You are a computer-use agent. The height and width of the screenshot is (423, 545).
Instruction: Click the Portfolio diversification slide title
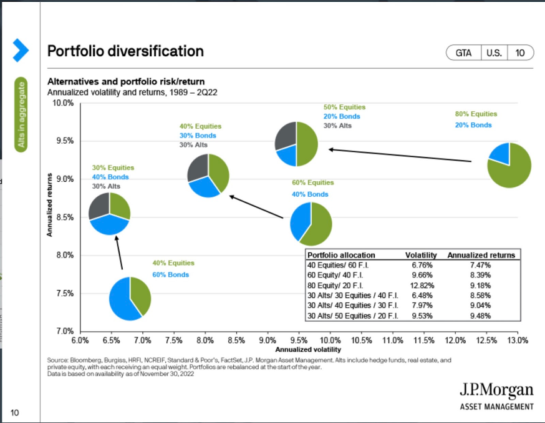tap(125, 51)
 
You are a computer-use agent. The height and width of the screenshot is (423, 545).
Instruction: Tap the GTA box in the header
tap(463, 53)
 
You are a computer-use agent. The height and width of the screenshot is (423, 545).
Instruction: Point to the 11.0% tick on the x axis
tap(393, 340)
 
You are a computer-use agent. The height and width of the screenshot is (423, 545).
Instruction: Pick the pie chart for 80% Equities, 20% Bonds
tap(509, 165)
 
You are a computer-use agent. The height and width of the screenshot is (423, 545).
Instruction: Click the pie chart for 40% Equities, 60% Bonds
tap(130, 299)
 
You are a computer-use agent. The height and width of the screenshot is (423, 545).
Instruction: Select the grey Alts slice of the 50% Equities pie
tap(286, 135)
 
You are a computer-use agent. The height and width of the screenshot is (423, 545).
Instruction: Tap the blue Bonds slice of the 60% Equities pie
tap(302, 220)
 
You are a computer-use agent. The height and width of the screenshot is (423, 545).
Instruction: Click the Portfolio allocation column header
tap(341, 255)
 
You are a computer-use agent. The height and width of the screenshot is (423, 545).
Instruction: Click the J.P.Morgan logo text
tap(496, 391)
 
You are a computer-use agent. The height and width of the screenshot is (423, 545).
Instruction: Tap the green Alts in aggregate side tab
tap(22, 115)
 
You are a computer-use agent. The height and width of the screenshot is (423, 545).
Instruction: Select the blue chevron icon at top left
tap(21, 50)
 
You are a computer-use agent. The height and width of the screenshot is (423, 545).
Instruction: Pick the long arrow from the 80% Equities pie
tap(400, 155)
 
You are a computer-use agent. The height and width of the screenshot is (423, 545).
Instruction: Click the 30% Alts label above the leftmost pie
tap(107, 186)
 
